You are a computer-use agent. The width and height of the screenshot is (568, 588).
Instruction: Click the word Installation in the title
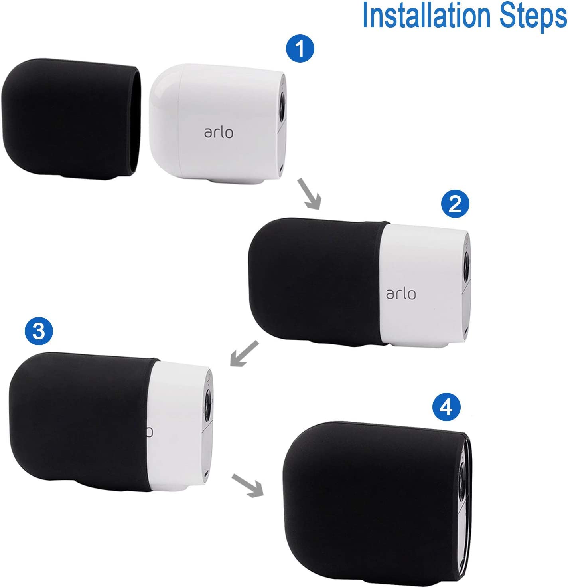click(x=426, y=15)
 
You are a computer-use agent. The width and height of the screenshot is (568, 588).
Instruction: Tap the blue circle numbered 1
click(x=300, y=48)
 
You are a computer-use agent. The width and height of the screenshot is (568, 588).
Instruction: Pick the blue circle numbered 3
click(x=39, y=331)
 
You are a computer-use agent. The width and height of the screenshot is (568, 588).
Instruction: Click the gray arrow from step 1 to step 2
click(x=309, y=194)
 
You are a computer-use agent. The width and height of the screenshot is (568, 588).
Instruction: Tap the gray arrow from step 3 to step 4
click(x=248, y=485)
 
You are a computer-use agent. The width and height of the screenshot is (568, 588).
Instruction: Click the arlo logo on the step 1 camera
click(x=218, y=133)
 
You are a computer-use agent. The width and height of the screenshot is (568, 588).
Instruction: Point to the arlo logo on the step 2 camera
click(x=401, y=293)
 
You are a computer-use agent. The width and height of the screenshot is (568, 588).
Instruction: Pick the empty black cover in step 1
click(x=71, y=119)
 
